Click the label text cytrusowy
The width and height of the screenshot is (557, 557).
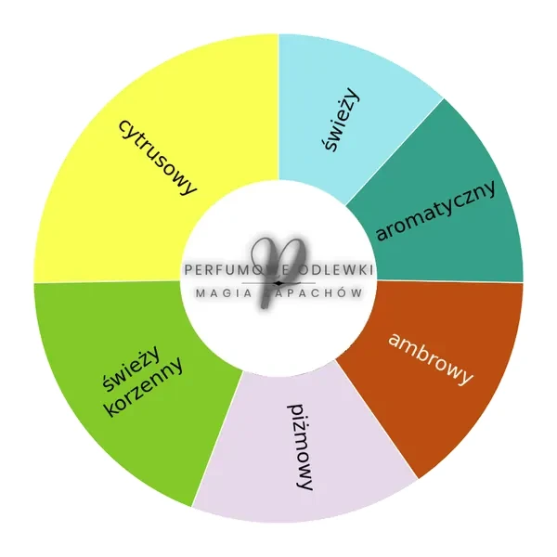click(158, 157)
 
